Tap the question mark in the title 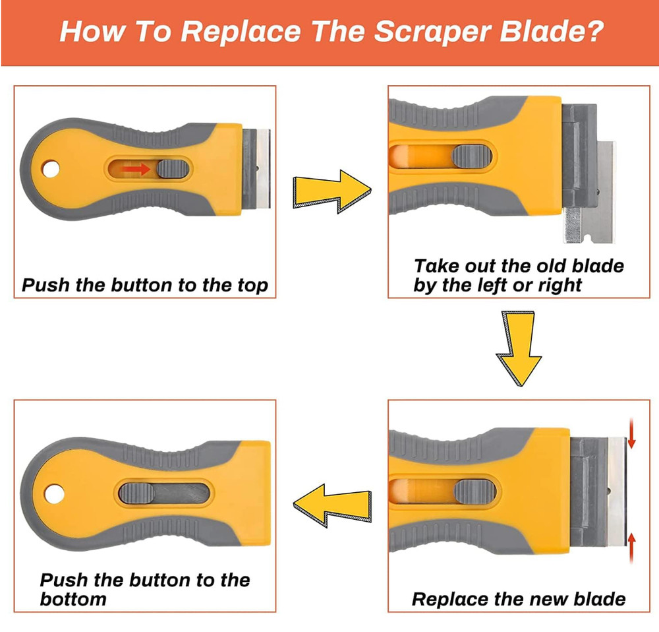pyautogui.click(x=592, y=32)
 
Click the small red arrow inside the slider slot pyautogui.click(x=136, y=170)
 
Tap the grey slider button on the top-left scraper pyautogui.click(x=172, y=169)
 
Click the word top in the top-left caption pyautogui.click(x=250, y=286)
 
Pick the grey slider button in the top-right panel pyautogui.click(x=473, y=156)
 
